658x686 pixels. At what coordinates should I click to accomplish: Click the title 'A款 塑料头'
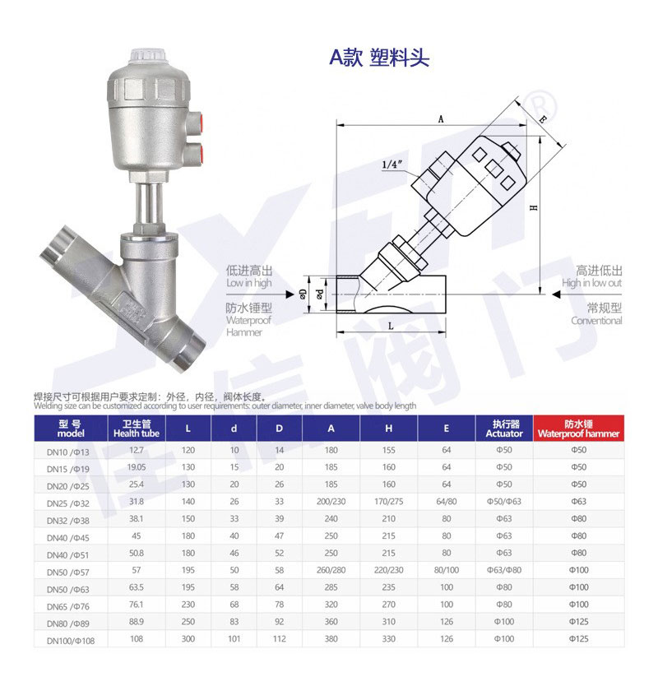(379, 57)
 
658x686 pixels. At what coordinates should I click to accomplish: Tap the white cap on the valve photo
(148, 56)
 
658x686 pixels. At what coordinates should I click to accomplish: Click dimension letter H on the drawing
(533, 207)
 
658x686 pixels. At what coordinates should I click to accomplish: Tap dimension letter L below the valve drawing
(391, 326)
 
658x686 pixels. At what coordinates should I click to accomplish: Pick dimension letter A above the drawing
(441, 118)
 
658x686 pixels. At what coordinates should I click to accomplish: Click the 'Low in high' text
(249, 283)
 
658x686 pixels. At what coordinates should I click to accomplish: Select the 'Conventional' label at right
(596, 321)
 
